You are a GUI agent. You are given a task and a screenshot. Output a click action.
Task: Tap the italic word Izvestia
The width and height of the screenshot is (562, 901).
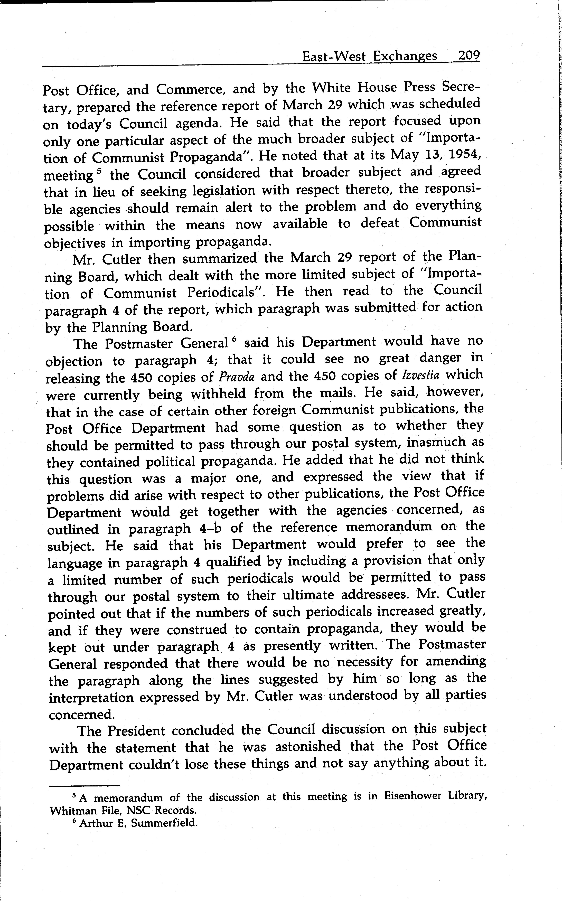click(420, 375)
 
